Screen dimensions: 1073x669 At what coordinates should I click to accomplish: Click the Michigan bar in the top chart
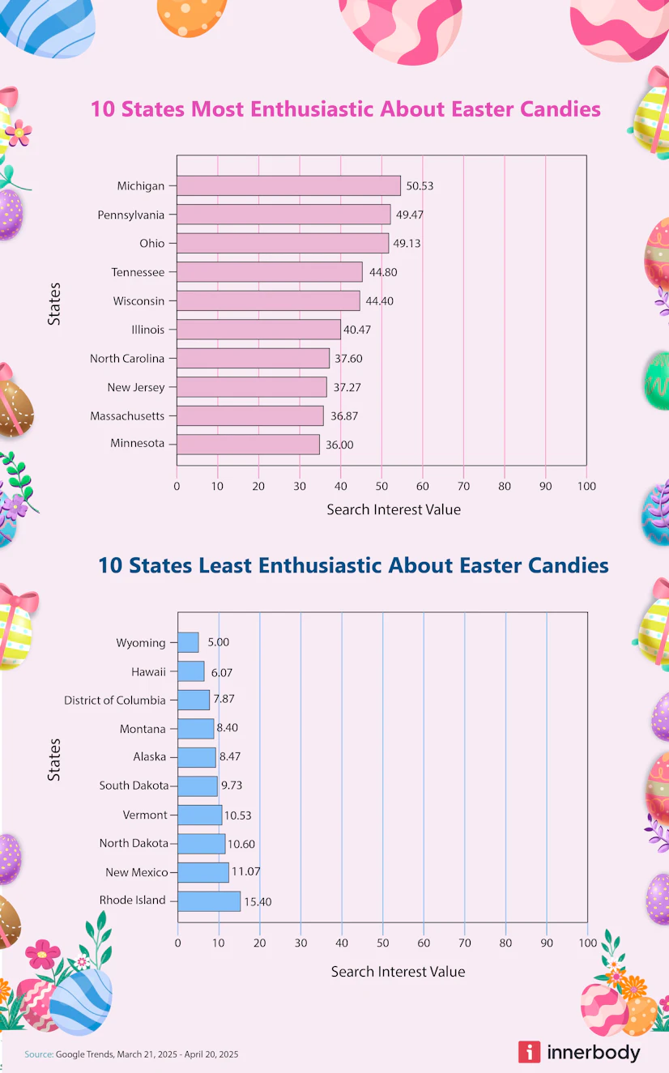(288, 185)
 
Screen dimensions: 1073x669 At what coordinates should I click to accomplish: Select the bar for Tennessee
(270, 272)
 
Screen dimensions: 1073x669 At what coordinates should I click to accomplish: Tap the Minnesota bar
(248, 445)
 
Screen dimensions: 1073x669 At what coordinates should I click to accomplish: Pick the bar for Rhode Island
(209, 901)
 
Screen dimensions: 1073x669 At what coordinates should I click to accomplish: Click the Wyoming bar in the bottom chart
(188, 642)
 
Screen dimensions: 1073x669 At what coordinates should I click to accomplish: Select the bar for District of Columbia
(194, 700)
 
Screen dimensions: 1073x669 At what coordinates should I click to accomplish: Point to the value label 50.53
(420, 186)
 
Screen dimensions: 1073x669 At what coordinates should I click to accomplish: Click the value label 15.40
(258, 901)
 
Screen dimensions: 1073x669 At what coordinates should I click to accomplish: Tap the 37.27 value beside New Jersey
(347, 388)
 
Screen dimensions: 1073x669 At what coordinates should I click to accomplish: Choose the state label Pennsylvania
(131, 215)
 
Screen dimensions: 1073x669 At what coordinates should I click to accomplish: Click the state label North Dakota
(134, 843)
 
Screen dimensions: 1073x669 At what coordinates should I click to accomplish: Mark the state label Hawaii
(148, 671)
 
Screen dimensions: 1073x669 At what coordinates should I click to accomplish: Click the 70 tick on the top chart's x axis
(463, 487)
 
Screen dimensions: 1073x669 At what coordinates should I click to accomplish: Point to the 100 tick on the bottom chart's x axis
(587, 943)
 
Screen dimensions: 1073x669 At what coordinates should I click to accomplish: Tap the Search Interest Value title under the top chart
(394, 510)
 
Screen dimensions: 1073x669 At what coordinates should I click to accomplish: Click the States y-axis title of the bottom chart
(54, 759)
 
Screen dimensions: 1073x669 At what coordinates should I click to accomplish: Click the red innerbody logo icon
(529, 1052)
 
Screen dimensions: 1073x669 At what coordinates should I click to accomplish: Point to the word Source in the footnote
(38, 1054)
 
